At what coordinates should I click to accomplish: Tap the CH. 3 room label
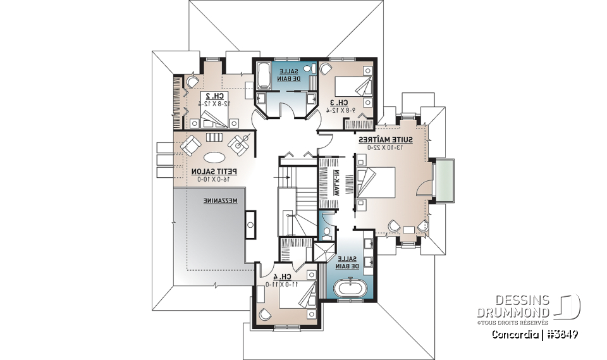(339, 102)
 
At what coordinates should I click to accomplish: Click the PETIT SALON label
(211, 171)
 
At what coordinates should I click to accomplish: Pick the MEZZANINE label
(220, 201)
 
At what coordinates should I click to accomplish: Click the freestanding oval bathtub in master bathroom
(350, 290)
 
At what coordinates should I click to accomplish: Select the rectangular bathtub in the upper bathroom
(264, 76)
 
